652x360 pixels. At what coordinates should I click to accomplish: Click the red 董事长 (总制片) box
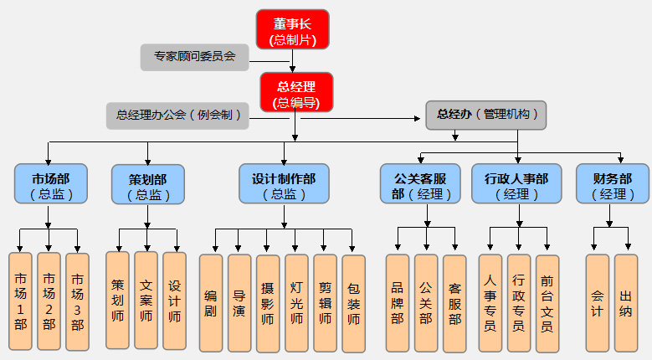point(292,29)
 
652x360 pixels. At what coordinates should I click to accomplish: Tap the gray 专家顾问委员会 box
point(195,57)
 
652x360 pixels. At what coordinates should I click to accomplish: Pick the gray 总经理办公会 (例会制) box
point(178,116)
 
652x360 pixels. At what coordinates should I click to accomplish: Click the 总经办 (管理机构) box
point(486,115)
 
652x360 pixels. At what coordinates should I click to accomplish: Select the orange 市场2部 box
point(49,300)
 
